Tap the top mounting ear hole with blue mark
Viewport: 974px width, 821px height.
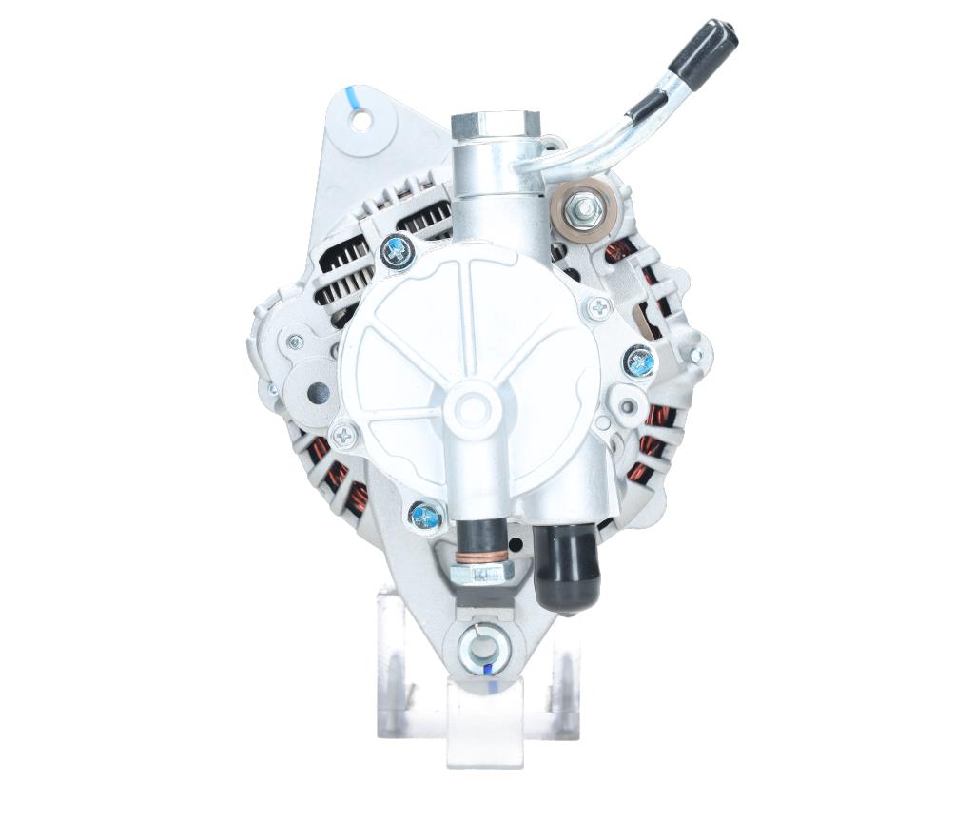[361, 120]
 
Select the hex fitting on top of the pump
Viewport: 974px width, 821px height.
[495, 125]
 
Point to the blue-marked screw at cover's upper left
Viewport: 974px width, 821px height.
[395, 251]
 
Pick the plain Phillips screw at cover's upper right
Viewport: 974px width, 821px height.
[599, 306]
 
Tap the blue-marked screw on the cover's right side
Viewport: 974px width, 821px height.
[637, 362]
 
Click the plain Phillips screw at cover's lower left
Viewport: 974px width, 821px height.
[344, 436]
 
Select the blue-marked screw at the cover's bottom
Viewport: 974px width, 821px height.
[425, 516]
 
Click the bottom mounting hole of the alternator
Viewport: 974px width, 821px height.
[483, 649]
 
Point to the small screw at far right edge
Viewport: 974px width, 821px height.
[697, 356]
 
